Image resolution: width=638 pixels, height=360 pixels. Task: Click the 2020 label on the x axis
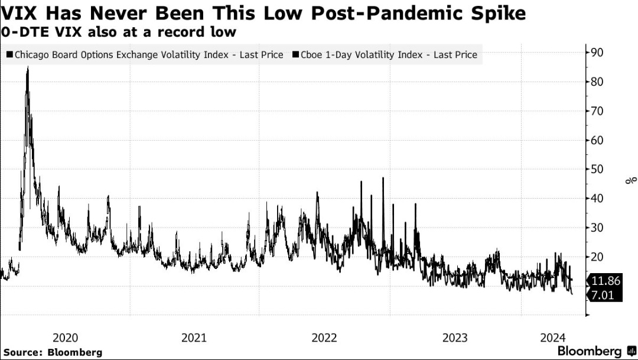pos(65,338)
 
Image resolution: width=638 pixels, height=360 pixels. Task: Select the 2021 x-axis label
pos(194,338)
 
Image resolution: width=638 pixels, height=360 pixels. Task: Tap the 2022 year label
pos(324,338)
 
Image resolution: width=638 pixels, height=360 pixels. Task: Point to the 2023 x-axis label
pos(454,338)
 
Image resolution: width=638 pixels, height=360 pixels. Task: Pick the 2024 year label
pos(554,338)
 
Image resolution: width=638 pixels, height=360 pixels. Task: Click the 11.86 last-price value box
pos(605,281)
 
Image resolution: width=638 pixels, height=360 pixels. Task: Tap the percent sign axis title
pos(632,179)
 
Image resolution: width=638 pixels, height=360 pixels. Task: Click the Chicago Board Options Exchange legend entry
pos(145,55)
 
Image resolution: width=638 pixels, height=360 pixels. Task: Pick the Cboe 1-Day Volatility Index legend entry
pos(385,55)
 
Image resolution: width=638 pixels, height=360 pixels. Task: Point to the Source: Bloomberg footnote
pos(53,352)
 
